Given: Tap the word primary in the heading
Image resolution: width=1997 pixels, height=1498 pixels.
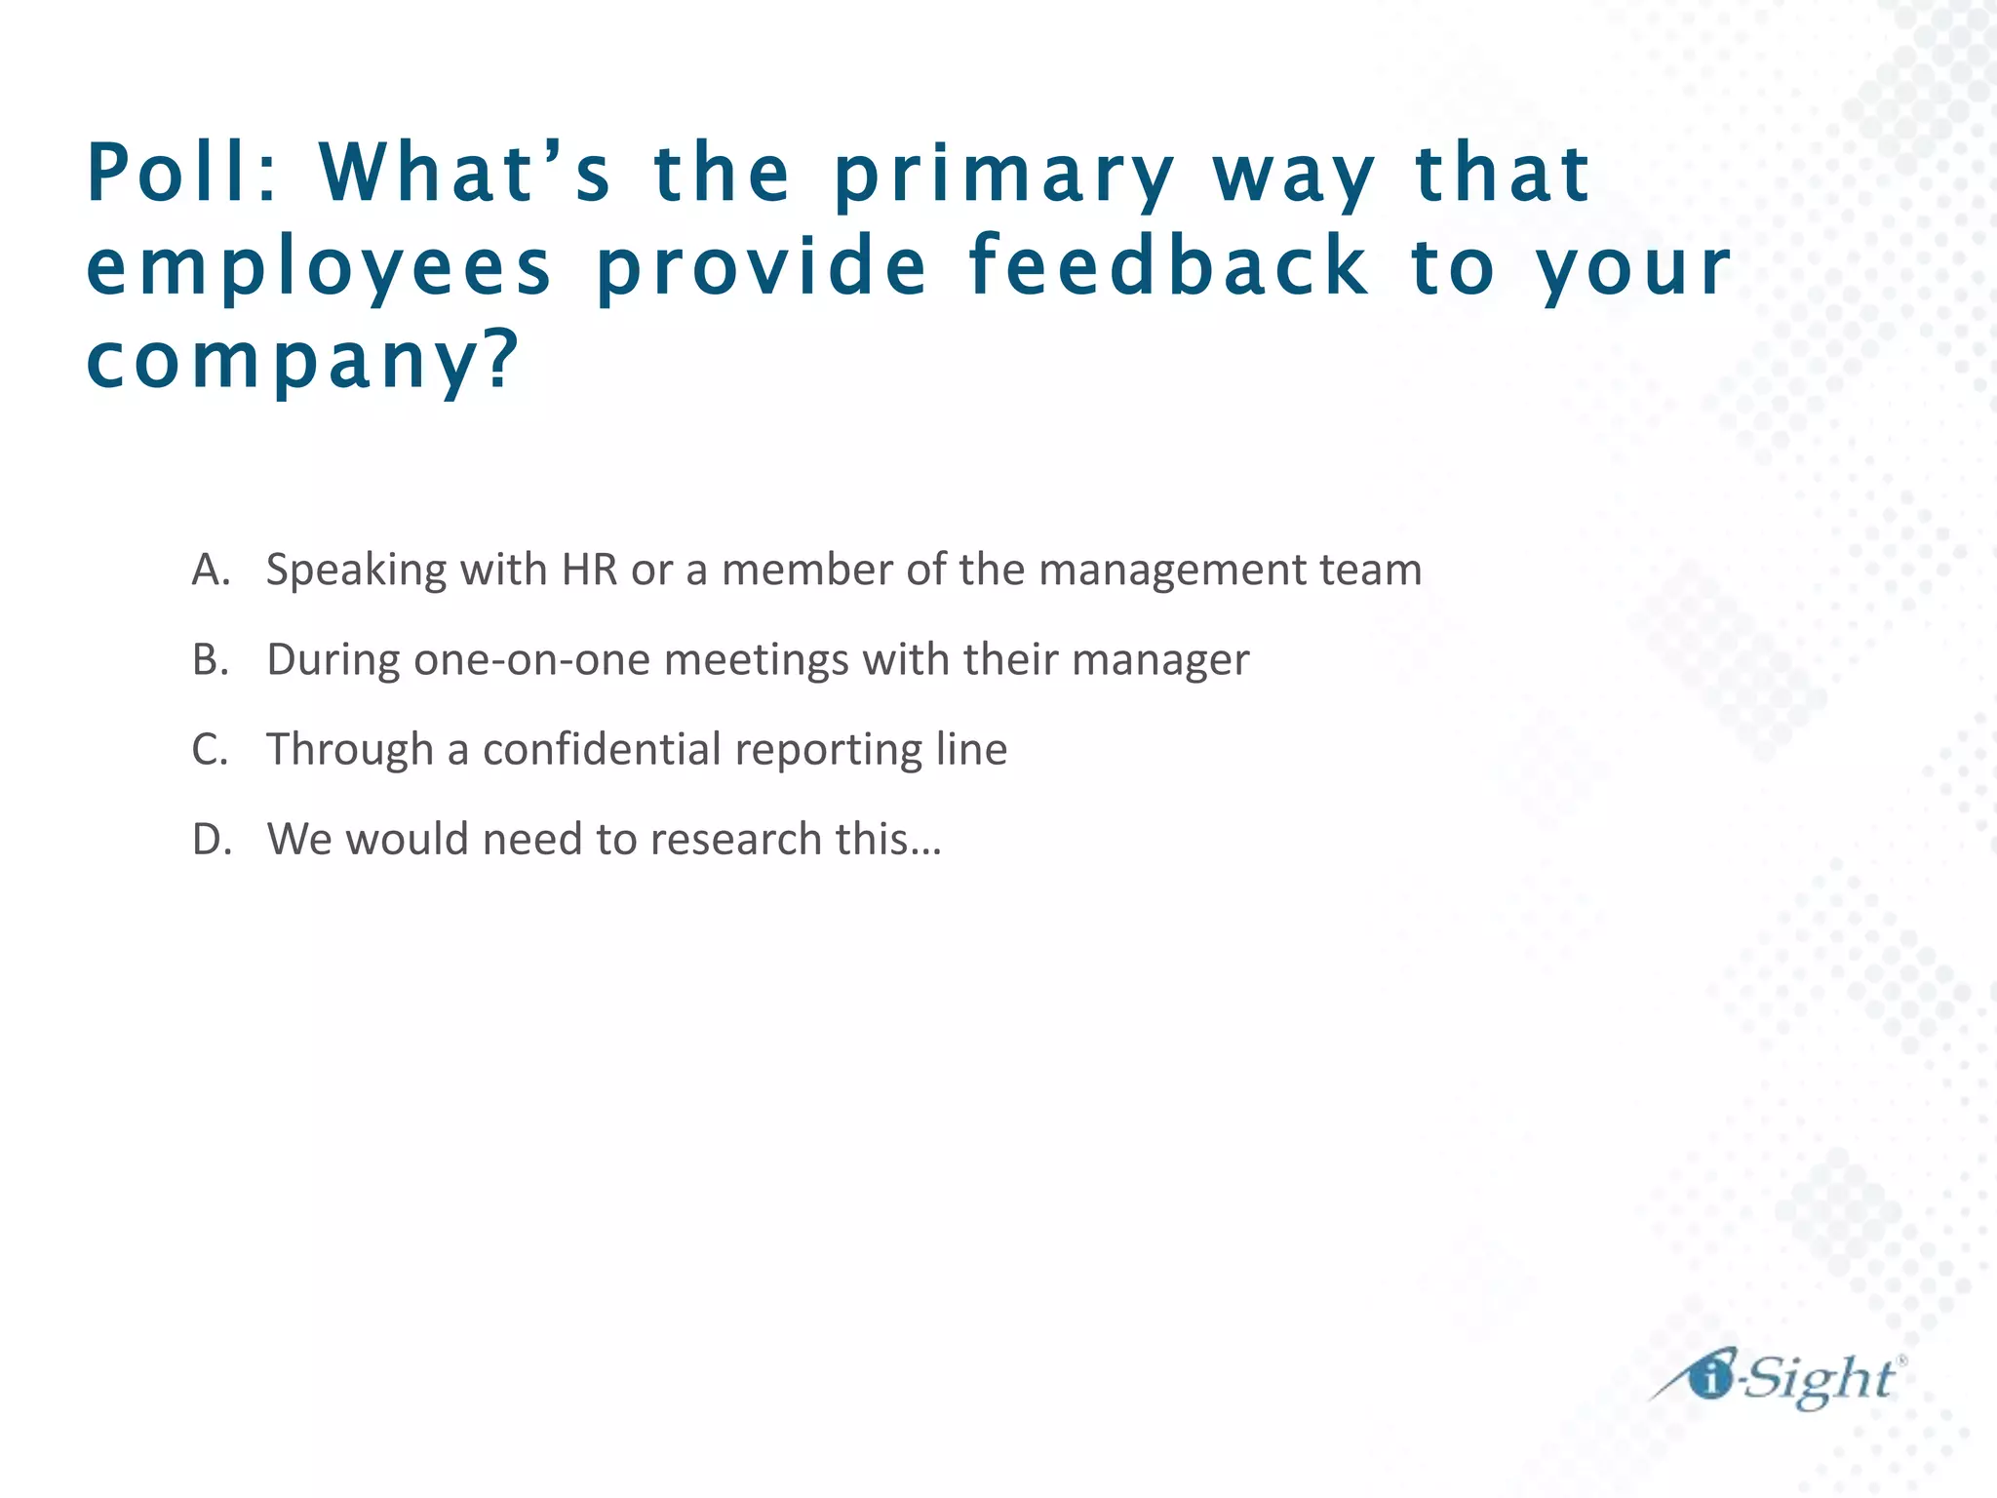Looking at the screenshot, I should coord(1003,176).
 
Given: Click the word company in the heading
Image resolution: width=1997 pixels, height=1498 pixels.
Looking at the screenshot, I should coord(283,361).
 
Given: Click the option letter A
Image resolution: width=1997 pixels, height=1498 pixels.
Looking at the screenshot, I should coord(210,570).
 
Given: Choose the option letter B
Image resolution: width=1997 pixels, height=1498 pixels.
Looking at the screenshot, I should coord(210,660).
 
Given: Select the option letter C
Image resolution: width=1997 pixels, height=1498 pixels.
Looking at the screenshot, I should coord(210,750).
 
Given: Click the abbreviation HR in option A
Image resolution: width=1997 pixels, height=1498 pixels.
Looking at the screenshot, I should coord(590,570).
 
